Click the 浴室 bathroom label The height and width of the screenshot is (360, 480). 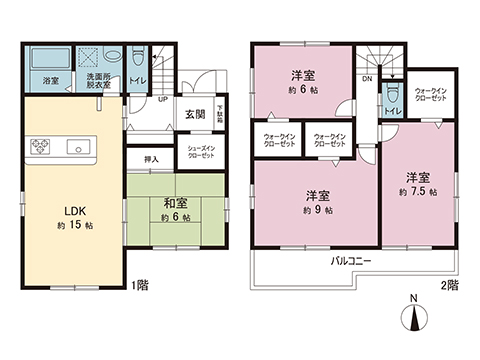48,81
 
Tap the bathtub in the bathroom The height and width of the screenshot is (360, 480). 46,58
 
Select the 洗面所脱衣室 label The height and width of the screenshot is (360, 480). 98,81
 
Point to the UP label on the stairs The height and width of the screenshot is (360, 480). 161,100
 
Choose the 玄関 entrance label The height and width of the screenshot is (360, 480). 194,114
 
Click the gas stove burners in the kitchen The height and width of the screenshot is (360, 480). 41,148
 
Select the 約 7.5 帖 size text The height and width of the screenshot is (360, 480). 418,191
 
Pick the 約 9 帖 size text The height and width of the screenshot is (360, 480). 313,210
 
